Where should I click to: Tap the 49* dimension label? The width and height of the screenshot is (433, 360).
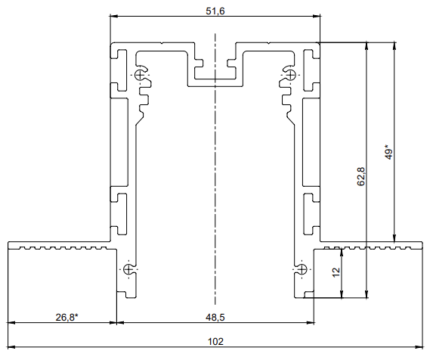pos(388,152)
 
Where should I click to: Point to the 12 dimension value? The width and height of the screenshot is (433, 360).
pos(336,271)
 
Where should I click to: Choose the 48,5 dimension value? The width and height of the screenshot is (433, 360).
pos(215,318)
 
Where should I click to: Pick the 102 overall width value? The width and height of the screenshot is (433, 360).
pos(215,342)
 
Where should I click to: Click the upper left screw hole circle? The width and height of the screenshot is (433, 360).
pos(142,74)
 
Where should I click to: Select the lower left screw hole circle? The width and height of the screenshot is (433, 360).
pos(129,270)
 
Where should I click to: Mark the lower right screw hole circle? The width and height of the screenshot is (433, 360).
pos(301,270)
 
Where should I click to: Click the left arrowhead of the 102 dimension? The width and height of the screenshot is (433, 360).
pos(11,348)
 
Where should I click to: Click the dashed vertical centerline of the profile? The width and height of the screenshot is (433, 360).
pos(215,189)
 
